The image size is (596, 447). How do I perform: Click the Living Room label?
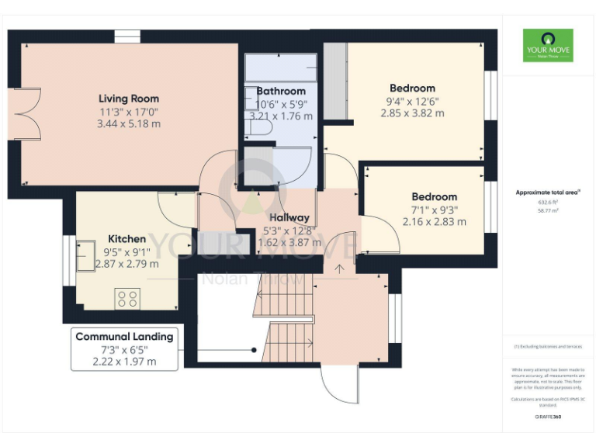(129, 99)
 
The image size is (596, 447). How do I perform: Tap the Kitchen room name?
(126, 239)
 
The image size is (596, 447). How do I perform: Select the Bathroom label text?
(281, 91)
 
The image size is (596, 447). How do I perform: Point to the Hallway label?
(289, 218)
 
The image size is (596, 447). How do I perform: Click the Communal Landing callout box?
(124, 348)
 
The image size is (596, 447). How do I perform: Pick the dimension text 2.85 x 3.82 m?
(412, 113)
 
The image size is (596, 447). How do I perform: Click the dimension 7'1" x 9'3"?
(434, 210)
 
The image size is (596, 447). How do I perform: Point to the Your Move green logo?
(547, 45)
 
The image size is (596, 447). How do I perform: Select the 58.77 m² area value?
(547, 211)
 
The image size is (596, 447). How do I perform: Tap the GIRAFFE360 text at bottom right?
(547, 417)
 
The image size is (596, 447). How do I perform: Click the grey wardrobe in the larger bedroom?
(335, 81)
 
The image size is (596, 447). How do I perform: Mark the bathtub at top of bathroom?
(281, 68)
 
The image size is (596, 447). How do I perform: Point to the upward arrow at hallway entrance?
(338, 269)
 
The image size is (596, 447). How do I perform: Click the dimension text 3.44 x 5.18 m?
(129, 124)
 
